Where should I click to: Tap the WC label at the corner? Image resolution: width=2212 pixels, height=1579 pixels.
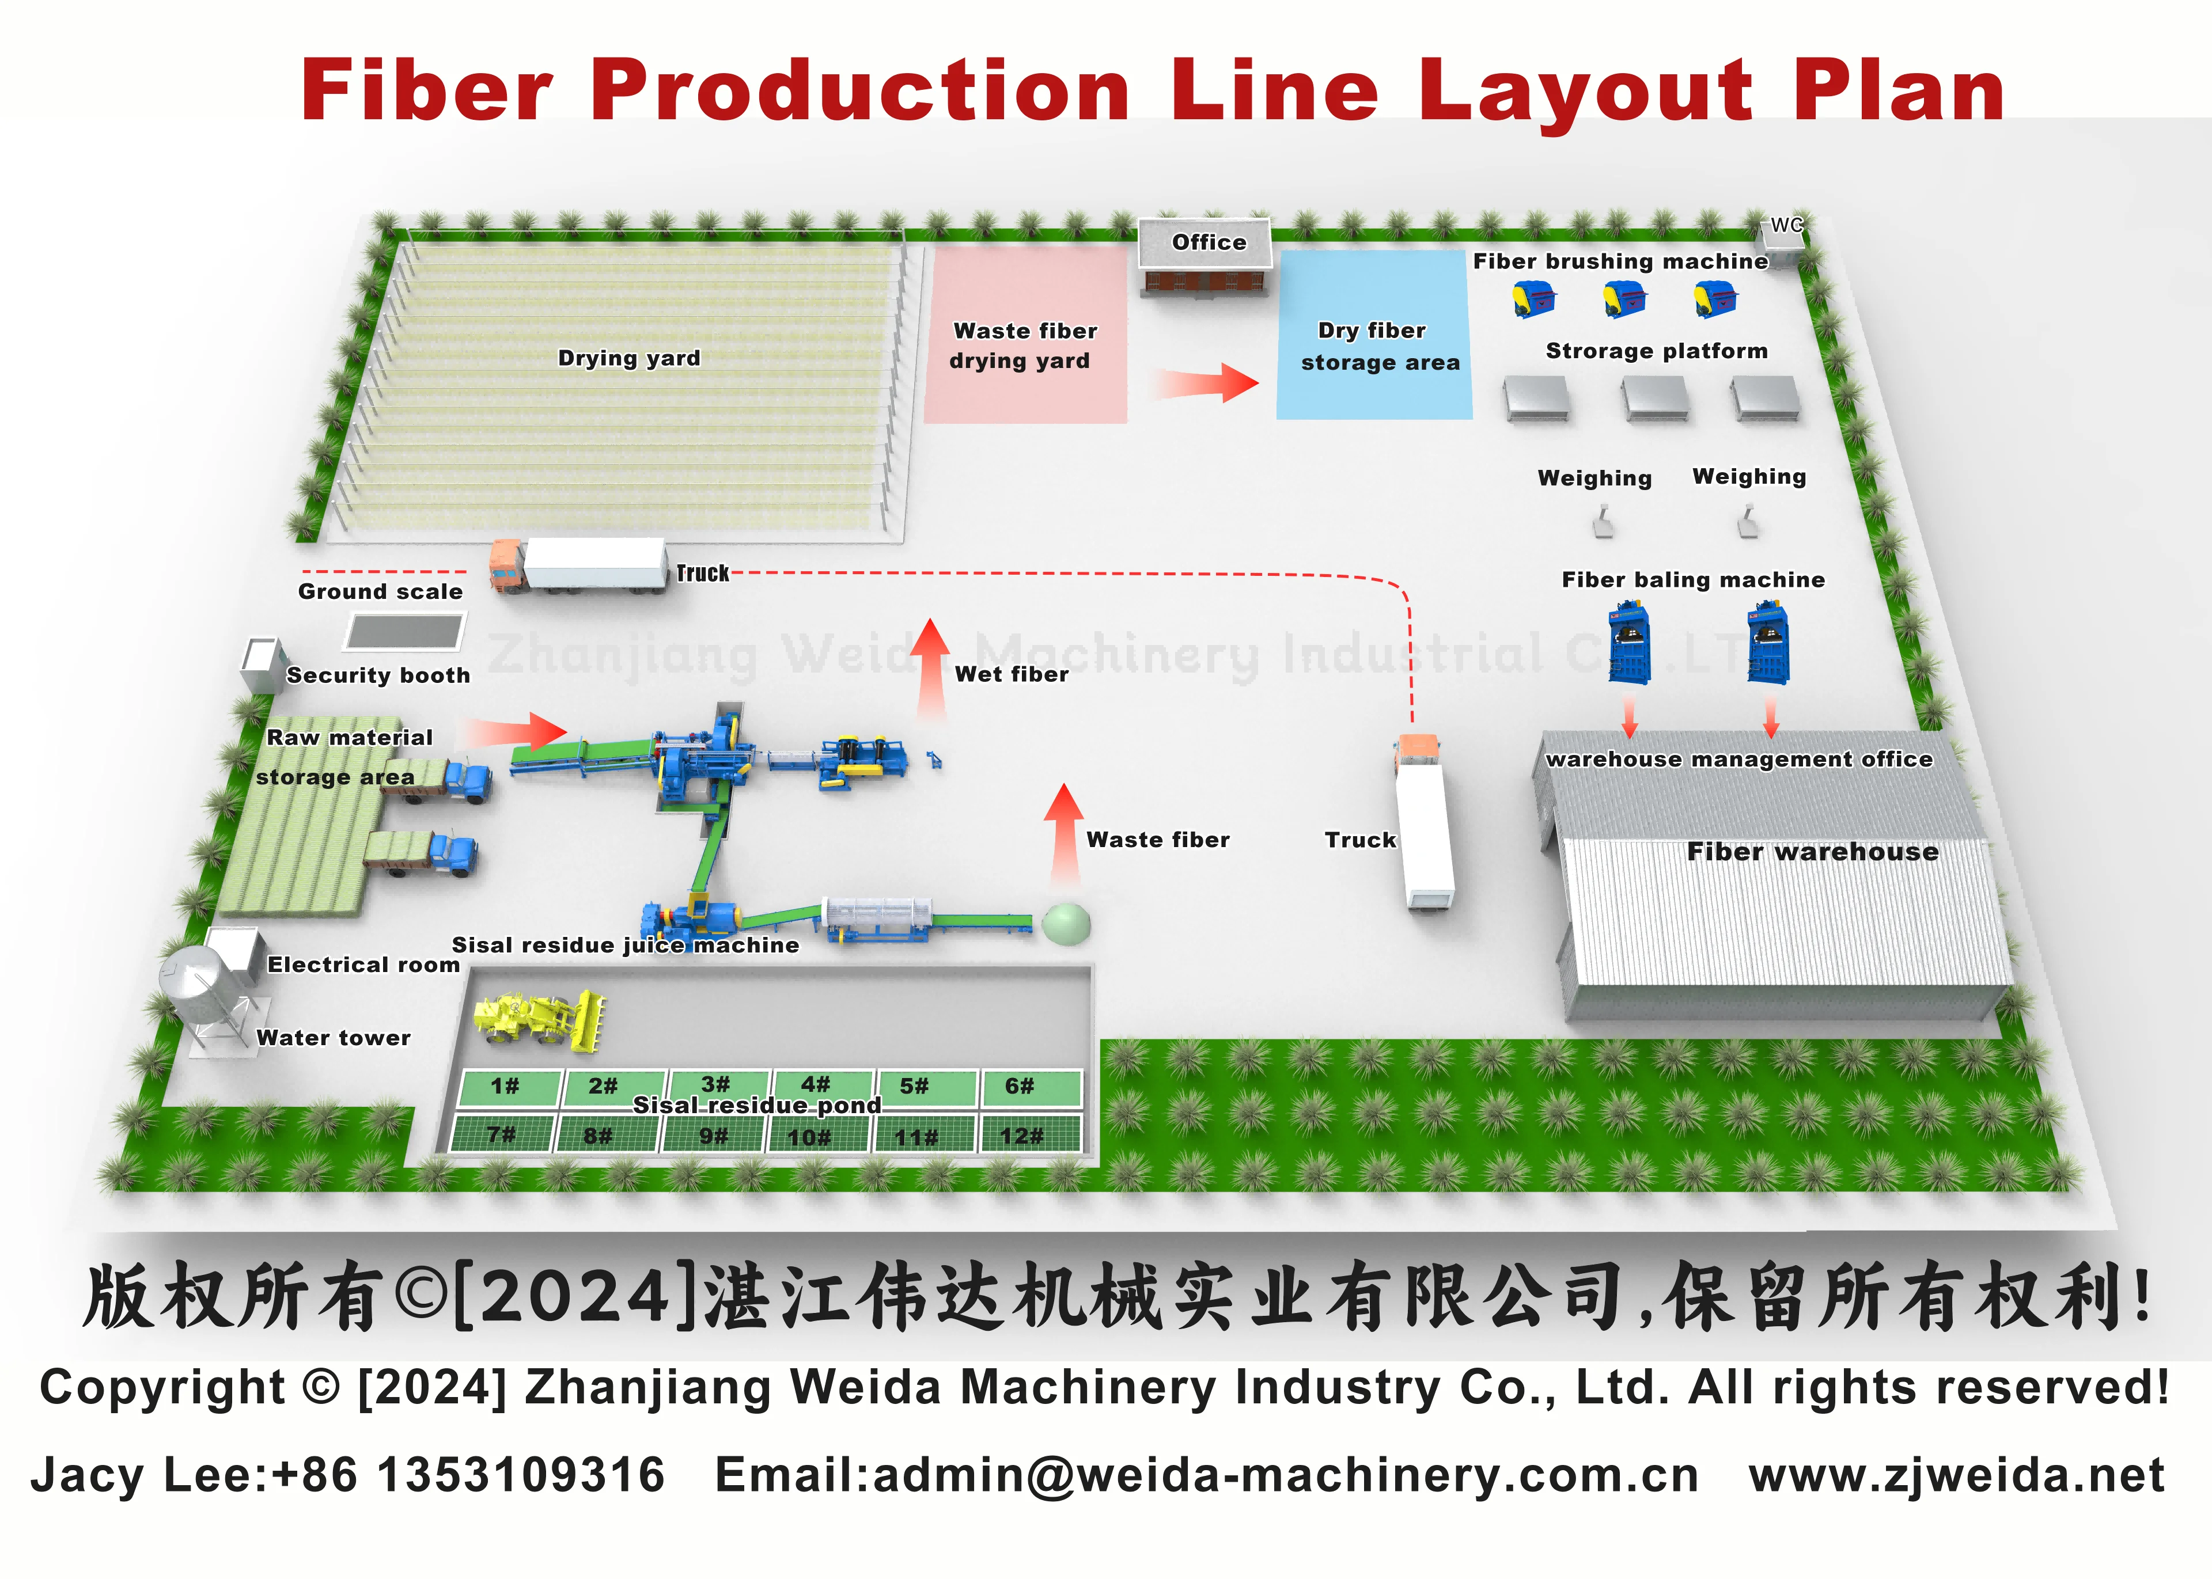click(1785, 226)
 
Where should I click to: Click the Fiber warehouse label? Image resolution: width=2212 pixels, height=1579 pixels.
click(1812, 852)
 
